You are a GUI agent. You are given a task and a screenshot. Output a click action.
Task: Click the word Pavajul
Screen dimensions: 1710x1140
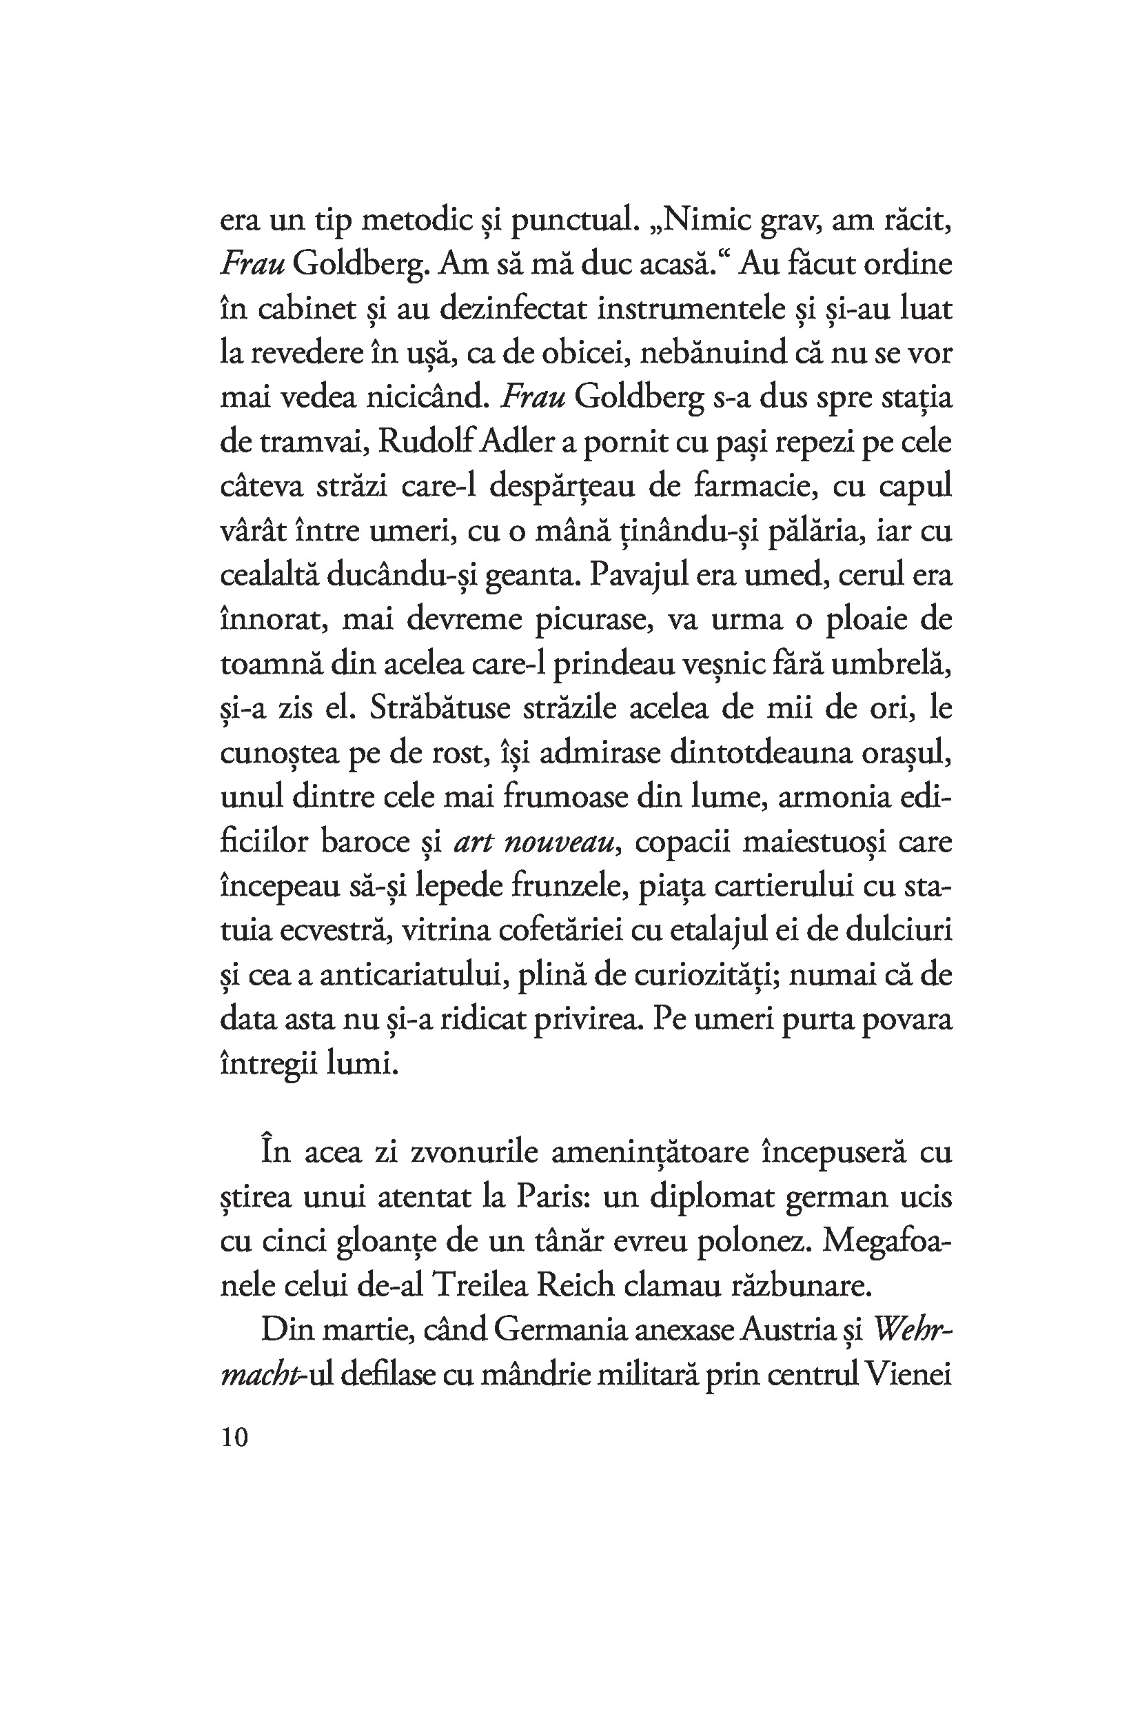[636, 576]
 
